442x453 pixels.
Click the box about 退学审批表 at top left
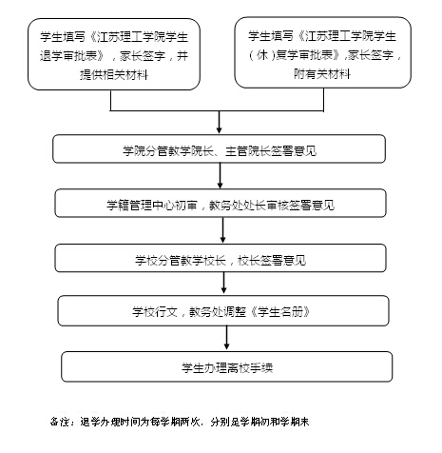pos(114,54)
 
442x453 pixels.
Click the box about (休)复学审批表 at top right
pos(322,52)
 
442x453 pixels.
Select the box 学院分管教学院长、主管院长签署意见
pos(219,148)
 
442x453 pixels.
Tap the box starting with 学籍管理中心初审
pos(221,204)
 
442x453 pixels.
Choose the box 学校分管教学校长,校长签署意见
pos(221,258)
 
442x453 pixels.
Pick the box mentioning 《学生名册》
pos(223,311)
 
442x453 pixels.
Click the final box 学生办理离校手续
pos(227,366)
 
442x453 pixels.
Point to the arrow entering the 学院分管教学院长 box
pos(219,122)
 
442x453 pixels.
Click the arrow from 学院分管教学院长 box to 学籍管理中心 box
pos(221,176)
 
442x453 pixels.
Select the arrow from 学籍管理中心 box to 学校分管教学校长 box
pos(222,230)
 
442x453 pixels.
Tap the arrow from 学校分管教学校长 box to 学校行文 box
pos(224,284)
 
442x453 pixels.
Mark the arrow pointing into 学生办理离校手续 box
pos(226,339)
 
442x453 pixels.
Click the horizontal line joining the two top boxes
pos(217,110)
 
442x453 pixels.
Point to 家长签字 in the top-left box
pos(143,56)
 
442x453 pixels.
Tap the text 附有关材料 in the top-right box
pos(322,74)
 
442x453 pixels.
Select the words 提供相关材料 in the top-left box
pos(114,75)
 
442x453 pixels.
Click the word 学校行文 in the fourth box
pos(155,312)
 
